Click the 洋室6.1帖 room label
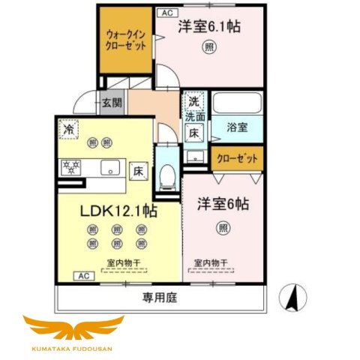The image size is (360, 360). click(x=209, y=27)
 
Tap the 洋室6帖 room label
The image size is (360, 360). click(x=223, y=204)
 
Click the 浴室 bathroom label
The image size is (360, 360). click(x=238, y=127)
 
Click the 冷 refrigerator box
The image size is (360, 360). click(x=68, y=128)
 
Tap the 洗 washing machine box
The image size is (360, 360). click(x=193, y=102)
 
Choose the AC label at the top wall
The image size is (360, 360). click(x=166, y=13)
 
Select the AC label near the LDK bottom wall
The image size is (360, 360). click(x=80, y=276)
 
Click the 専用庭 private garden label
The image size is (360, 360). click(x=160, y=297)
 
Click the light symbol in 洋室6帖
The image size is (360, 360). click(x=223, y=227)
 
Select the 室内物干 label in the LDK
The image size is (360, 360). click(x=125, y=262)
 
